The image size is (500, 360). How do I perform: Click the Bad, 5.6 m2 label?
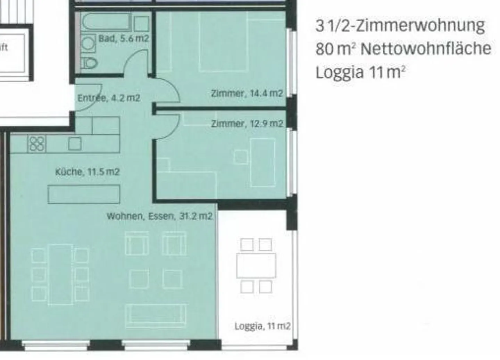[124, 38]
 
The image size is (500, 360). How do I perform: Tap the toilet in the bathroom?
[89, 63]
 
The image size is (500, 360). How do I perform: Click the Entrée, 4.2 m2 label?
[108, 98]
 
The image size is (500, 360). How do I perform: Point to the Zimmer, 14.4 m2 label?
[247, 93]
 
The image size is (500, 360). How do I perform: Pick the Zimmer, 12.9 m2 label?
[247, 124]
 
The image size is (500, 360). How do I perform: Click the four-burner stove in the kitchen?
[37, 143]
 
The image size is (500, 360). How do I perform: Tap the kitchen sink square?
[75, 143]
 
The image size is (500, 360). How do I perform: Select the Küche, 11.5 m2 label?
[87, 172]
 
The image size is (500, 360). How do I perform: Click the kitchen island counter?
[84, 194]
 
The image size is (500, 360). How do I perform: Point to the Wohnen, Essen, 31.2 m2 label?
[159, 216]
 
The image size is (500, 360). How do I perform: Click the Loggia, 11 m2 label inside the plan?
[262, 326]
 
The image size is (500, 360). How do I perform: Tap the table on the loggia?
[256, 266]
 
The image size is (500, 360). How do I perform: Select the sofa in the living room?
[156, 316]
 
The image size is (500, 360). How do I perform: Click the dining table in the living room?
[60, 274]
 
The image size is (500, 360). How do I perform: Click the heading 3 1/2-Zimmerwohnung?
[400, 26]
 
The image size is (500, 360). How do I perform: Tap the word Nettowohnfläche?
[426, 49]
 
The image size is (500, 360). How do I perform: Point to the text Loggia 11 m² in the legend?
[360, 73]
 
